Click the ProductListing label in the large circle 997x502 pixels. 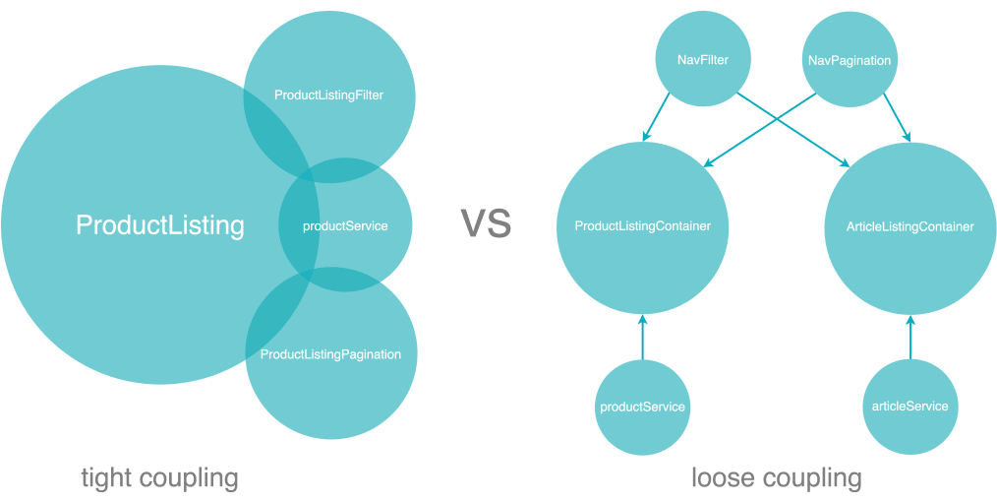pyautogui.click(x=159, y=225)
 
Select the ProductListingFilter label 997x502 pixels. pyautogui.click(x=328, y=95)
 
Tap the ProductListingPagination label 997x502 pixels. pyautogui.click(x=330, y=354)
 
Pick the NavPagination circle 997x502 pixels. pyautogui.click(x=849, y=60)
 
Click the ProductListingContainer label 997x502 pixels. pyautogui.click(x=642, y=225)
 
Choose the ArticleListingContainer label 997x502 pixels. pyautogui.click(x=909, y=226)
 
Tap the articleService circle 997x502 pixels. pyautogui.click(x=909, y=407)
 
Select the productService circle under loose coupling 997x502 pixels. pyautogui.click(x=642, y=408)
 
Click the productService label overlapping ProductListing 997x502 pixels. pyautogui.click(x=345, y=225)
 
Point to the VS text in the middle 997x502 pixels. pyautogui.click(x=486, y=224)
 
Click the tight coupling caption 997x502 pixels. pyautogui.click(x=159, y=478)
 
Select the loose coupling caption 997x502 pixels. pyautogui.click(x=777, y=478)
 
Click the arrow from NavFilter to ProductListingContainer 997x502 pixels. pyautogui.click(x=656, y=117)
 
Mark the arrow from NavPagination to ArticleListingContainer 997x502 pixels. pyautogui.click(x=897, y=117)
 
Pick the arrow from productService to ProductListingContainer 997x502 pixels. pyautogui.click(x=642, y=337)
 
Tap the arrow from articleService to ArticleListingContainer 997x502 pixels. pyautogui.click(x=909, y=337)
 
